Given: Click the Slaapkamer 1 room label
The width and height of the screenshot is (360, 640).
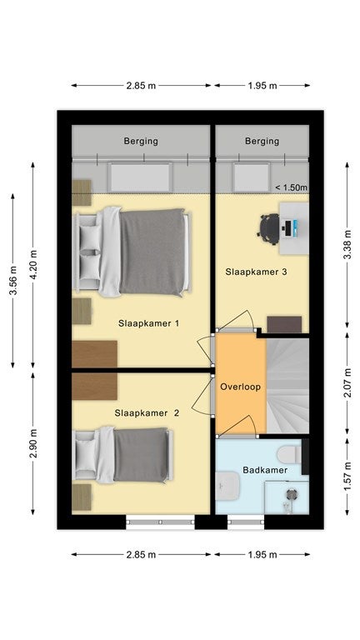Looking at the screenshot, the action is [148, 323].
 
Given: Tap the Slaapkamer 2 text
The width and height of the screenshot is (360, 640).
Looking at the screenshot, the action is [147, 413].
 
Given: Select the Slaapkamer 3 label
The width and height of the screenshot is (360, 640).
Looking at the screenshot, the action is [257, 272].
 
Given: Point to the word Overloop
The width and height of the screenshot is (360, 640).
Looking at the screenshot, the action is [240, 387].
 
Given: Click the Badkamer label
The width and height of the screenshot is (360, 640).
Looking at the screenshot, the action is [265, 470].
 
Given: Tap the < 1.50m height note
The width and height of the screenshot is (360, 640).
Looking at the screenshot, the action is [291, 187].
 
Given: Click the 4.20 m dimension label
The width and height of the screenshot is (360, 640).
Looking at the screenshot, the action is [33, 264].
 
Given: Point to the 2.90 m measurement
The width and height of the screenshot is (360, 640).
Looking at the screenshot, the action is [33, 443].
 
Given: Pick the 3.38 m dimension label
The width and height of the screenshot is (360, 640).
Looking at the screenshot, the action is [347, 245].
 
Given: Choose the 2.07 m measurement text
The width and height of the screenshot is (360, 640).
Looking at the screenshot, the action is [347, 382].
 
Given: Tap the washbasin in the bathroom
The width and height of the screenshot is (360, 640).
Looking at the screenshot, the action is [227, 486].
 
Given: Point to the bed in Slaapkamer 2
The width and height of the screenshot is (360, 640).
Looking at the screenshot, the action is [122, 455].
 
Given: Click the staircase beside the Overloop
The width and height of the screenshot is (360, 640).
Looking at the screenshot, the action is [287, 386].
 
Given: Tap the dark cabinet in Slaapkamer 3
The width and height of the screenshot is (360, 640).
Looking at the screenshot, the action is [284, 324].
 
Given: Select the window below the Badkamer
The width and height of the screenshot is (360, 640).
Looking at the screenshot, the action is [246, 522].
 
